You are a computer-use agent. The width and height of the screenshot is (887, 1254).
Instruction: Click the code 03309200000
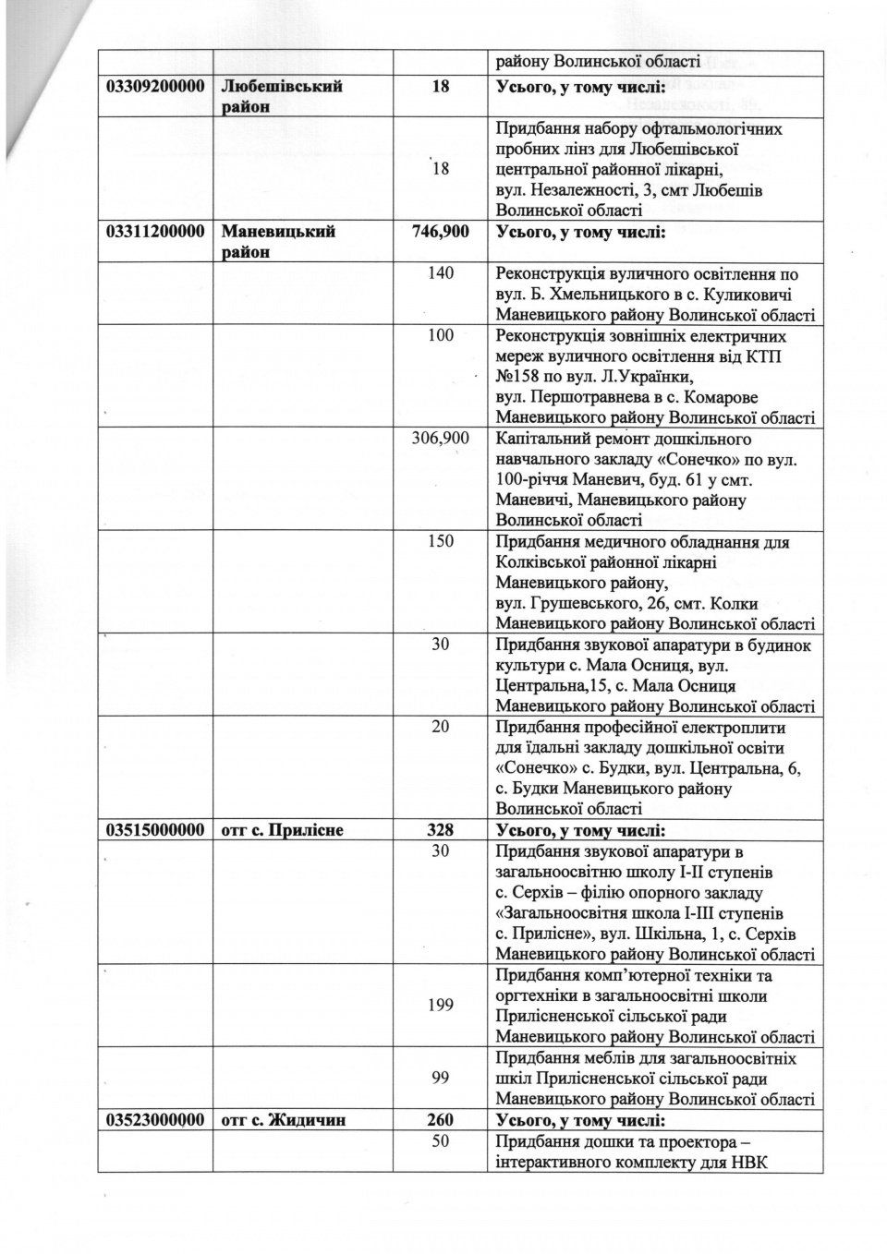154,86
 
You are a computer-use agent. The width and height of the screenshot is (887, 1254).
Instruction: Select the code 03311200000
154,232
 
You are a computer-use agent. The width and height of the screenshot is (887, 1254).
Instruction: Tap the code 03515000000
154,830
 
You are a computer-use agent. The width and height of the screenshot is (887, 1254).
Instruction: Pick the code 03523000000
154,1120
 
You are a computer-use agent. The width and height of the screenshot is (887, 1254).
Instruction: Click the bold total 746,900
440,232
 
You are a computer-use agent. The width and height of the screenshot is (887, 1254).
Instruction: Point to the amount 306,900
440,439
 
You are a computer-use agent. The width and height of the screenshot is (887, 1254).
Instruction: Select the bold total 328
440,830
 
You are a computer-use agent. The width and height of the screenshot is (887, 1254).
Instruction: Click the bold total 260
440,1120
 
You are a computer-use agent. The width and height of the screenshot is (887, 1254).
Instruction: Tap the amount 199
440,1005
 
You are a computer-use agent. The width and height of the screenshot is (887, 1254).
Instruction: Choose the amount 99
440,1078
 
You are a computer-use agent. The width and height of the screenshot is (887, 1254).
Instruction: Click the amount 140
440,274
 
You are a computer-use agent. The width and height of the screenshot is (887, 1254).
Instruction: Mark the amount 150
440,542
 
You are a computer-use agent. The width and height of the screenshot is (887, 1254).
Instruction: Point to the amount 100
440,335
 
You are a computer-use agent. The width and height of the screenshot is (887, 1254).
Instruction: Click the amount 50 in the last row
440,1141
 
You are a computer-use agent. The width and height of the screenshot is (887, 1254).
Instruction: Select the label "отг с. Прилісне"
283,830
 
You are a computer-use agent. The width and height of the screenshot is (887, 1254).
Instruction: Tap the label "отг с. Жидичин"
283,1120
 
